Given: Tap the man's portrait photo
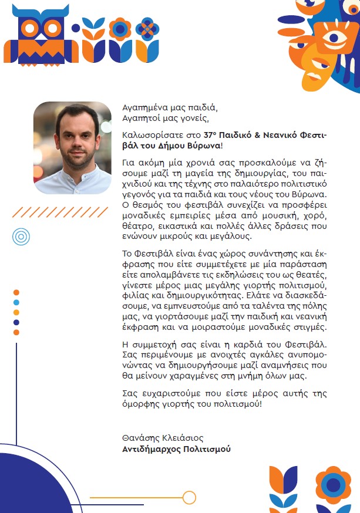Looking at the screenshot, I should coord(72,147).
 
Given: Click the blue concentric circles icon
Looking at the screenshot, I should coord(21,237).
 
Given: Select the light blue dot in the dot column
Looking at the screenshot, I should coord(16,303).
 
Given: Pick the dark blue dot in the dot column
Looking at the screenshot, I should coord(16,322).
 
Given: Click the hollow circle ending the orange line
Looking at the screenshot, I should coord(189,498).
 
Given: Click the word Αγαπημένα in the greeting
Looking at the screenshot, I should coord(143,108).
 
